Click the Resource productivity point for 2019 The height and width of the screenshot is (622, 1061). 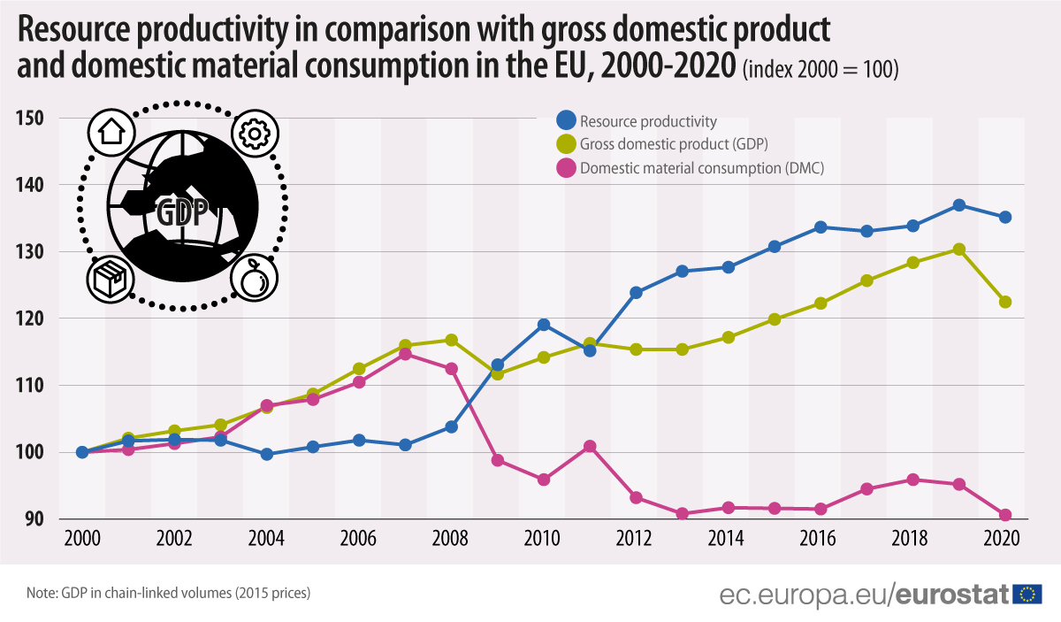click(958, 205)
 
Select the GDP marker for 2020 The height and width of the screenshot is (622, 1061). click(1004, 302)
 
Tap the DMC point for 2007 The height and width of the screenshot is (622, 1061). click(405, 354)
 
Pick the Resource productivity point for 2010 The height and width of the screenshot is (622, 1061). click(544, 325)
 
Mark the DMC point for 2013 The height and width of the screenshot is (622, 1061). click(682, 513)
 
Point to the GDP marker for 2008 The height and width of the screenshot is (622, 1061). click(451, 340)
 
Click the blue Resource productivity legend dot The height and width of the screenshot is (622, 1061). click(565, 121)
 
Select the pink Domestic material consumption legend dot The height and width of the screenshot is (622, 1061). click(565, 167)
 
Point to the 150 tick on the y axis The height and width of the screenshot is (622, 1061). click(32, 119)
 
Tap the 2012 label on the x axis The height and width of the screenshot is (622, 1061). click(635, 540)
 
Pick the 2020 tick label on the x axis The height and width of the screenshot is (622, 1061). click(1003, 540)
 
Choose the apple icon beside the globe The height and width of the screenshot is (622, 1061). click(254, 280)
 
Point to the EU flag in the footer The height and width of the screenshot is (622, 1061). click(1027, 594)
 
